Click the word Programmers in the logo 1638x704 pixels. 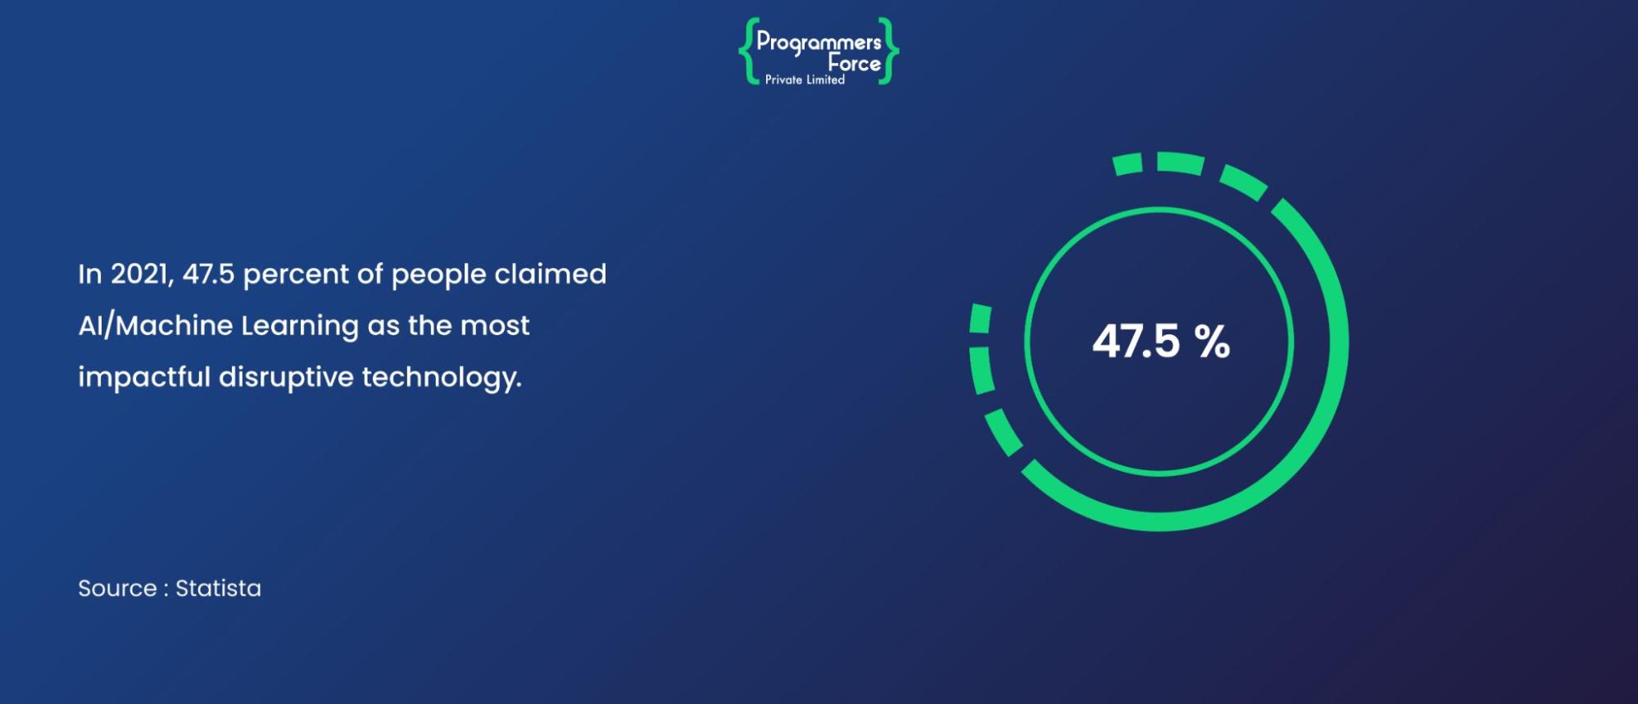(819, 43)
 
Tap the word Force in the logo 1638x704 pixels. (854, 63)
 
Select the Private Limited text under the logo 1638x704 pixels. (805, 79)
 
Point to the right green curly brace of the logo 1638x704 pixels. (889, 52)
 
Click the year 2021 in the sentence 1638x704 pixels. (141, 274)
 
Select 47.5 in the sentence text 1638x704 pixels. (208, 274)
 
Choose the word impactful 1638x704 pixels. (144, 377)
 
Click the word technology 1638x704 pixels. (442, 378)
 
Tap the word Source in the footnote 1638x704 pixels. (117, 588)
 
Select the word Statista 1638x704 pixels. (218, 588)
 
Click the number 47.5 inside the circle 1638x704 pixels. (1136, 341)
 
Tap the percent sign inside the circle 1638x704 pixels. (1212, 341)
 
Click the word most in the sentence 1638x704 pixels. (495, 326)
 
